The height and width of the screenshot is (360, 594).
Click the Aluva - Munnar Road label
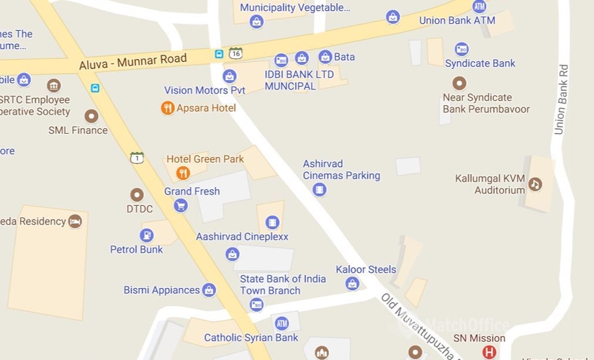pos(132,63)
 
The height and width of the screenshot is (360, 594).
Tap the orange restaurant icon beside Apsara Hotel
pos(167,108)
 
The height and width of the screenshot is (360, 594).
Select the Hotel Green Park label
pos(205,158)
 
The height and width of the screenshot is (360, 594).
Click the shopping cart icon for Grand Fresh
pos(180,206)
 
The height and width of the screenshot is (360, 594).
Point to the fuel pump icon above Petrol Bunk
pos(146,235)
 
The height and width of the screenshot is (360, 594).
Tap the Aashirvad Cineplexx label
pos(242,236)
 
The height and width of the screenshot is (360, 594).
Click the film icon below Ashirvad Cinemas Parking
pos(319,189)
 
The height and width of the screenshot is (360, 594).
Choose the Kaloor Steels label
pos(366,269)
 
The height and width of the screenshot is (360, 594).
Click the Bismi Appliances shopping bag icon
pos(209,290)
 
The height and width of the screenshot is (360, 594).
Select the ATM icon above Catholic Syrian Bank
pos(282,323)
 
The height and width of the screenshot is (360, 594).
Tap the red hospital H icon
pos(490,352)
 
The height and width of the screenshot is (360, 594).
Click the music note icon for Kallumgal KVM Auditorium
pos(535,184)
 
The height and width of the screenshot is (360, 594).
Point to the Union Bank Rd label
pos(561,100)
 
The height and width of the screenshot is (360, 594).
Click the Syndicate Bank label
pos(480,63)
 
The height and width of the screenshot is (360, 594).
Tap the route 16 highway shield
pos(235,53)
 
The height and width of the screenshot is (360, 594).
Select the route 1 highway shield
pos(137,158)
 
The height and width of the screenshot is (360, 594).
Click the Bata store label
pos(344,56)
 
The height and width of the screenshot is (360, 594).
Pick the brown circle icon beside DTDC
pos(137,194)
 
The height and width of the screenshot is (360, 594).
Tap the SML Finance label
pos(78,130)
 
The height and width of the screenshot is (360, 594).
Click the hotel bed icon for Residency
pos(75,221)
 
